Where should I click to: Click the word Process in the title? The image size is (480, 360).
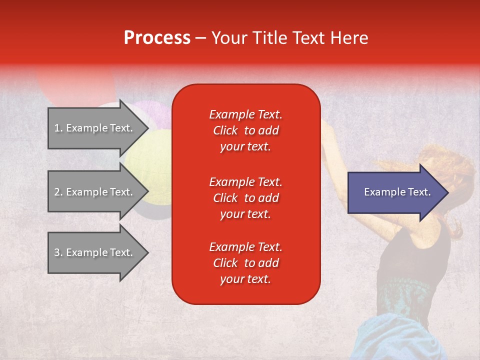157,38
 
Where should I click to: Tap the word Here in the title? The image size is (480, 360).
349,38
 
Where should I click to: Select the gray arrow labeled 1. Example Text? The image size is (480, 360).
98,128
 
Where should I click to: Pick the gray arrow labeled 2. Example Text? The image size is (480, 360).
98,191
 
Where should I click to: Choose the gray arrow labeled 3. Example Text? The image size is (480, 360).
98,252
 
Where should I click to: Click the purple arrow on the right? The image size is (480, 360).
398,192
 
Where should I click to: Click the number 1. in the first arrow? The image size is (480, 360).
58,128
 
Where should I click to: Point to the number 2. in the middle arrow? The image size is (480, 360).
58,192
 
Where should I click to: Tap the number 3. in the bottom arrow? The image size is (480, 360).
58,252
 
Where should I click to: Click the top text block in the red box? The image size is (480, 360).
246,130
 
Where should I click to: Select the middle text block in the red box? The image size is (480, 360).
246,198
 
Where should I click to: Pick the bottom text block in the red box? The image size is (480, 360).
246,263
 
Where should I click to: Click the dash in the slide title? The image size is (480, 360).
200,39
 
